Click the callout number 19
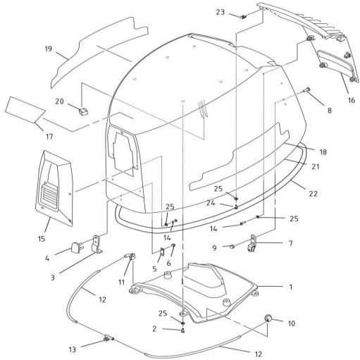point(48,49)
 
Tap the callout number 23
point(221,12)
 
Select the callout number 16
point(352,100)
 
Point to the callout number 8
point(330,111)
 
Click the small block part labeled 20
point(83,111)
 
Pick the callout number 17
point(49,137)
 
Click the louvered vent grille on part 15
point(49,194)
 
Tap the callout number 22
point(313,194)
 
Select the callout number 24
point(211,203)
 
